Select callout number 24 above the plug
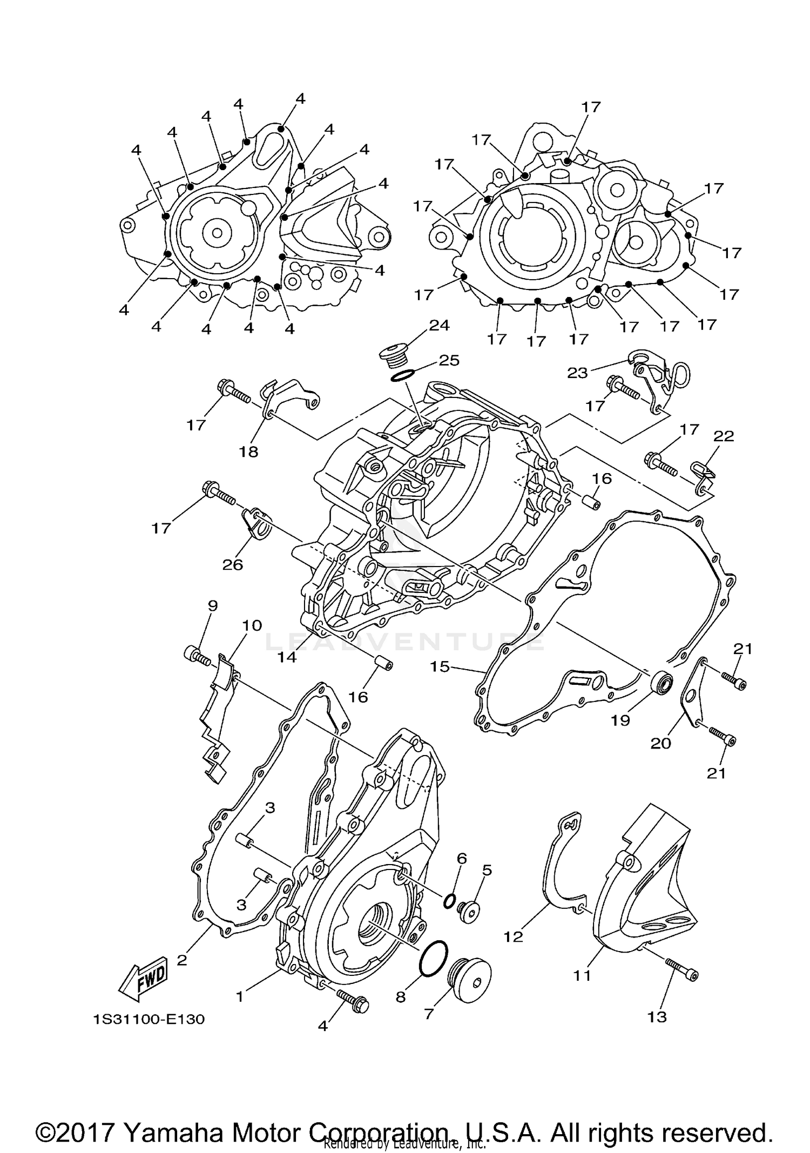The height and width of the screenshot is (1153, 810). coord(439,325)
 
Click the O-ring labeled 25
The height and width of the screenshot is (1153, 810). coord(402,375)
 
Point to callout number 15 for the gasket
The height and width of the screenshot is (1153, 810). coord(440,667)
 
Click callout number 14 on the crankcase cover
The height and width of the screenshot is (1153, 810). coord(288,657)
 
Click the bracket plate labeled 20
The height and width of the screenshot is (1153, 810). coord(692,696)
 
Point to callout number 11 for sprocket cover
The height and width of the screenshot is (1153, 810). coord(582,975)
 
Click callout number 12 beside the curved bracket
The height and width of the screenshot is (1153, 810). coord(514,936)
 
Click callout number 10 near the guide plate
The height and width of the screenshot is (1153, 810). coord(252,625)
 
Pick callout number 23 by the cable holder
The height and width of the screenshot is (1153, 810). coord(577,373)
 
